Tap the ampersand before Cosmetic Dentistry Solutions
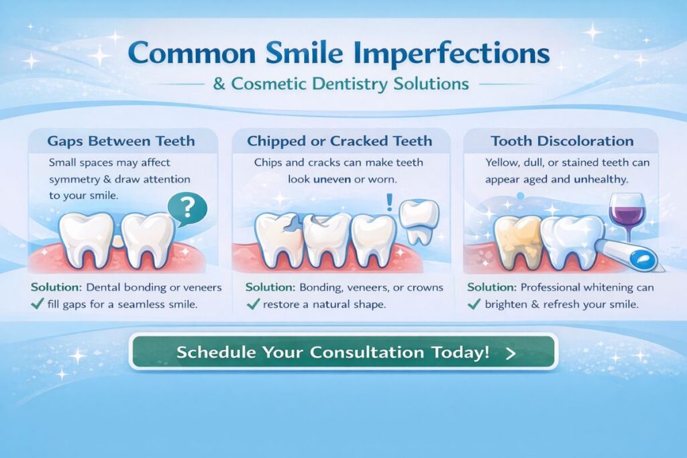click(x=219, y=84)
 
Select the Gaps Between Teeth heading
click(x=121, y=141)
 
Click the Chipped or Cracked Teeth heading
click(x=339, y=141)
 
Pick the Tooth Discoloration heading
click(x=562, y=141)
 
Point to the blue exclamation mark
click(x=389, y=203)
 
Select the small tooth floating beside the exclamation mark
click(x=419, y=221)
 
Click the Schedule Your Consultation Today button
click(x=343, y=352)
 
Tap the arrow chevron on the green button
click(x=511, y=353)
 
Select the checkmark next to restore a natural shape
click(x=252, y=304)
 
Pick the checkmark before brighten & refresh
click(x=474, y=304)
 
